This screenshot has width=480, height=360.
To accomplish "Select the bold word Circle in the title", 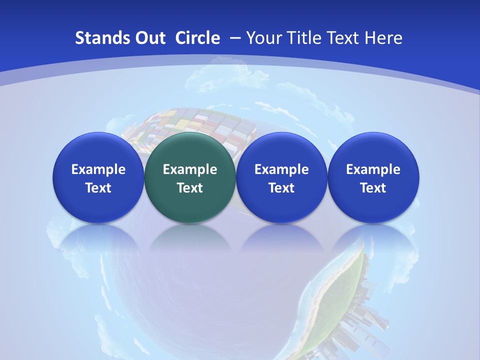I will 197,38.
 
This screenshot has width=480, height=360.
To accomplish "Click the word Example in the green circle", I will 190,169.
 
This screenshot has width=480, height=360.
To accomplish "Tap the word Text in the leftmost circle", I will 98,188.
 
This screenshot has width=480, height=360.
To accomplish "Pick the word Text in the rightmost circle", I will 373,188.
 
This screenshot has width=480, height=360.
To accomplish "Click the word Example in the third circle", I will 281,169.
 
